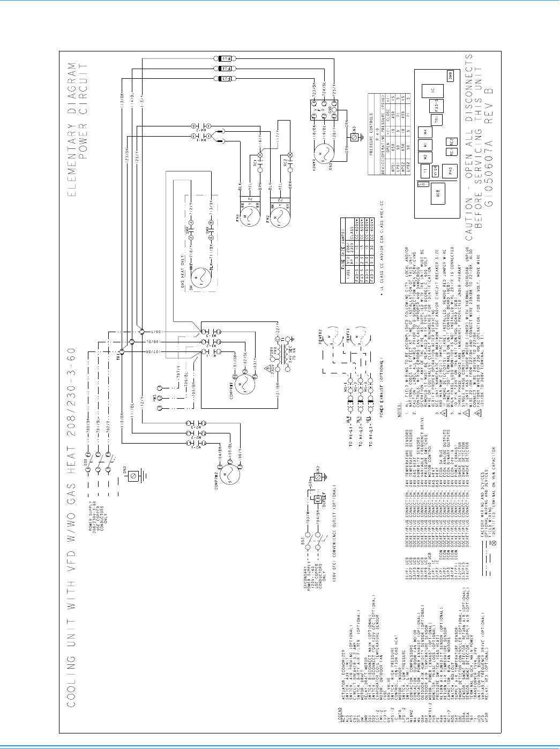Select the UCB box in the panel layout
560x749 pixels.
(438, 193)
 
